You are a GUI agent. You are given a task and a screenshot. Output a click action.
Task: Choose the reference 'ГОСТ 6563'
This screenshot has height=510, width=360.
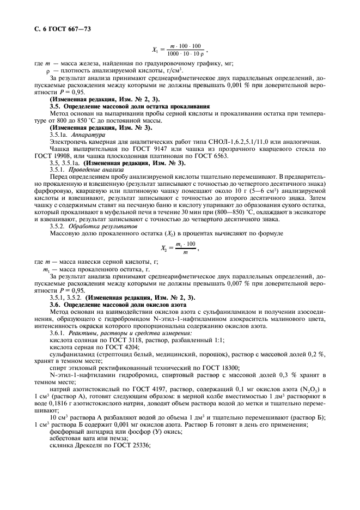(x=229, y=155)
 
